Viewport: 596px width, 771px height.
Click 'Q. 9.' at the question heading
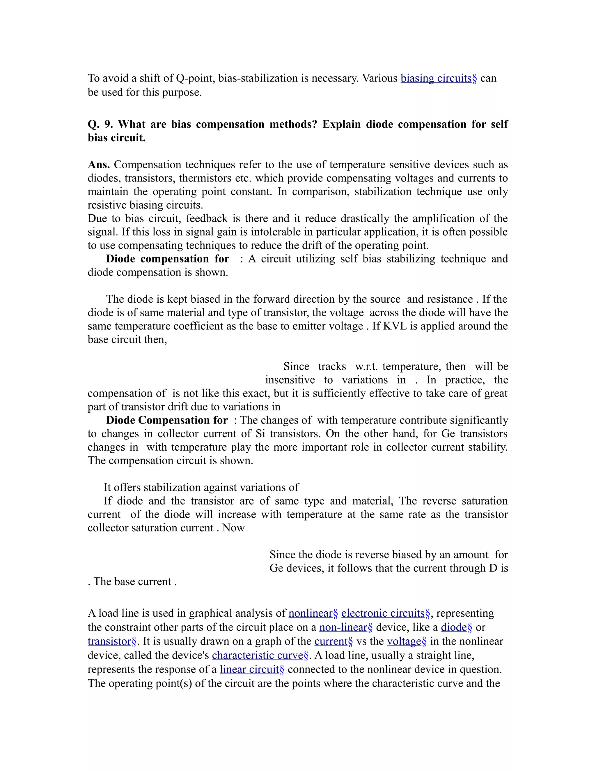[100, 124]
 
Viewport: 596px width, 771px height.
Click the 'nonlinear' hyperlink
[310, 613]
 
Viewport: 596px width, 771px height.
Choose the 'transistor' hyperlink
[109, 641]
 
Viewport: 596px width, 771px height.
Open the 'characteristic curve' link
[258, 655]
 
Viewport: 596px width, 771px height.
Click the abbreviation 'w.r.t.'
[367, 366]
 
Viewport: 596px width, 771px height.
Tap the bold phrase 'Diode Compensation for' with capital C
[167, 420]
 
